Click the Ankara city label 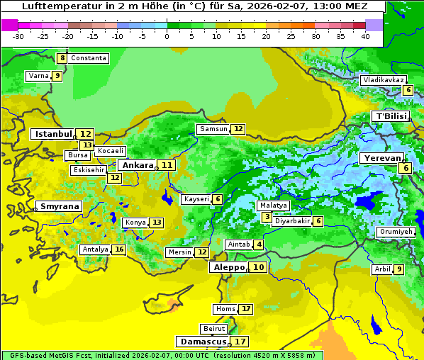[136, 165]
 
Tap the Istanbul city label [54, 134]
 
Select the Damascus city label [203, 342]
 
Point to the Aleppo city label [228, 268]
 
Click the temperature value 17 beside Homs [245, 309]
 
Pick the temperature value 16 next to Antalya [119, 249]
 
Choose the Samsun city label [213, 129]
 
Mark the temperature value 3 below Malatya [266, 217]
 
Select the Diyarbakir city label [292, 221]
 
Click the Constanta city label [89, 58]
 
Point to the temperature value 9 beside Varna [57, 76]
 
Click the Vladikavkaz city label [383, 80]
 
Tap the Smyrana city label [60, 207]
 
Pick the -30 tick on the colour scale [18, 36]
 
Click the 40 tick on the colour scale [365, 36]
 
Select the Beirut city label [214, 329]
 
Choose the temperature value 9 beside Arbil [398, 269]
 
